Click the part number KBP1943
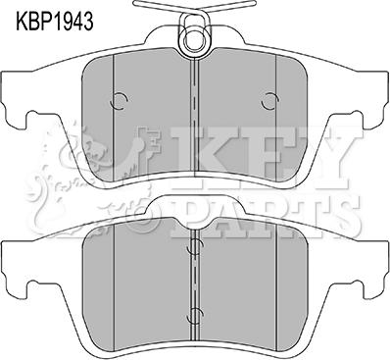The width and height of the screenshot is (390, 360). tap(55, 22)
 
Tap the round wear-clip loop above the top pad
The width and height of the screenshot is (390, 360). tap(195, 39)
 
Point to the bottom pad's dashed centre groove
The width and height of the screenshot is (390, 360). tap(195, 286)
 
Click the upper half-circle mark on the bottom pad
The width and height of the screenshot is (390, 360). tap(195, 247)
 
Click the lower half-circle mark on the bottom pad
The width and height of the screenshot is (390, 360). tap(195, 315)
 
